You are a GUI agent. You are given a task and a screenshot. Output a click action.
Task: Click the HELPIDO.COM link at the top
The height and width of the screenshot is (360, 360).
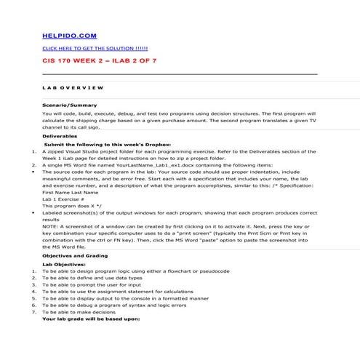tap(68, 35)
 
